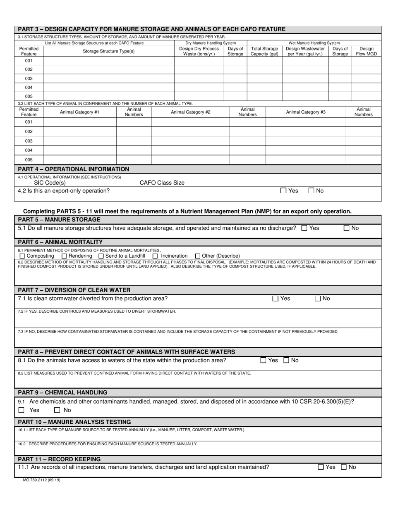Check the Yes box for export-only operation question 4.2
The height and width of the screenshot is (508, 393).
tap(283, 191)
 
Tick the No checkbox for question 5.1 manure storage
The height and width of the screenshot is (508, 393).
tap(347, 228)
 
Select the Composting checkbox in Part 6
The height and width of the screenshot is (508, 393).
tap(22, 256)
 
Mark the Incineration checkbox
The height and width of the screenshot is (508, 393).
tap(155, 256)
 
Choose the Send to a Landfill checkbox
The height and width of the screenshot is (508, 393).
tap(101, 256)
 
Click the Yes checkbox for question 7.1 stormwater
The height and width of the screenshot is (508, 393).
tap(276, 299)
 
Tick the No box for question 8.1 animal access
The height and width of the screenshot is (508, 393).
tap(286, 361)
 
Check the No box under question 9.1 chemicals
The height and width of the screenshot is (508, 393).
tap(58, 410)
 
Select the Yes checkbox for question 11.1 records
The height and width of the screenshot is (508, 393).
tap(321, 467)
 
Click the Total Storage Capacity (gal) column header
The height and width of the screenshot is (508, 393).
tap(264, 51)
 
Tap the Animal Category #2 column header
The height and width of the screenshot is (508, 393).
tap(191, 112)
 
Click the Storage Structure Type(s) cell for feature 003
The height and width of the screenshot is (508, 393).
tap(108, 78)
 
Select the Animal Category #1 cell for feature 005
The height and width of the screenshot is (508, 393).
tap(79, 159)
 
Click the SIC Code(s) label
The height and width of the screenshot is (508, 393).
tap(50, 183)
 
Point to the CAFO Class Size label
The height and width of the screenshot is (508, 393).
tap(162, 183)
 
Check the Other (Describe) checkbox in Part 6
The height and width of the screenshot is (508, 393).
tap(197, 256)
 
